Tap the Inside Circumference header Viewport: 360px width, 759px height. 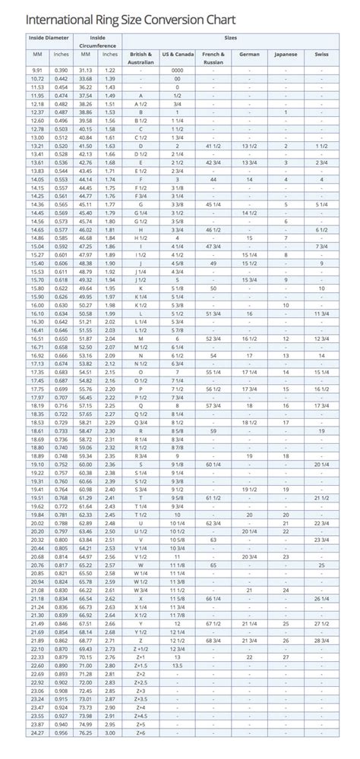click(98, 39)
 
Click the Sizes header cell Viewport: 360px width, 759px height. click(229, 36)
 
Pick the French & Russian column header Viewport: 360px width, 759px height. click(213, 58)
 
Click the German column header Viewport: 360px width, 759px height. click(249, 55)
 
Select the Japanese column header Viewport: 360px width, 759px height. click(286, 55)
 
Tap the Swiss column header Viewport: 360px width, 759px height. click(322, 55)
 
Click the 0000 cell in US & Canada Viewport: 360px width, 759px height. click(178, 70)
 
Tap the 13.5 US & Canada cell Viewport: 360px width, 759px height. click(178, 665)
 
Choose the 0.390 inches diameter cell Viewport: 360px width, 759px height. click(62, 70)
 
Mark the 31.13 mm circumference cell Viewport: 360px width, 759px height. click(86, 70)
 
